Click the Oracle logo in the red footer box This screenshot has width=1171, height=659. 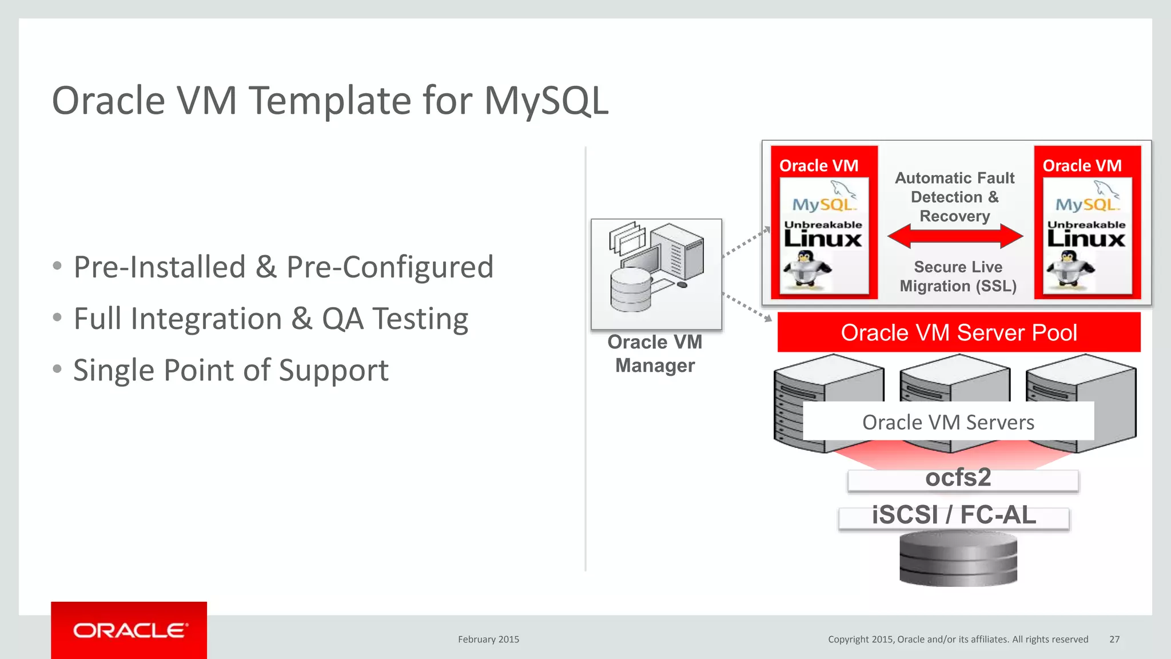point(129,630)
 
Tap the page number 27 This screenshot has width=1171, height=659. point(1114,640)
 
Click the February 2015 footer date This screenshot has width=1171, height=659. point(488,640)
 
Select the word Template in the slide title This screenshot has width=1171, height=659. point(331,101)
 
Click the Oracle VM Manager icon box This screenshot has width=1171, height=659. point(656,273)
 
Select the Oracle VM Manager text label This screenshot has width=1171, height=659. point(655,354)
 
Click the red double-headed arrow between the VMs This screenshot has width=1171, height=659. point(955,236)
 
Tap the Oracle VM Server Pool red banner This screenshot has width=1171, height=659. point(958,332)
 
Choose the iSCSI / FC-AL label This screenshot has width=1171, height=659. point(954,515)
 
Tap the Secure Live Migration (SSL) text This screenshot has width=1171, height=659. point(958,276)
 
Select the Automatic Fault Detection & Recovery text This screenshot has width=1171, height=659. point(954,197)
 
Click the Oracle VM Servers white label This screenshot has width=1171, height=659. point(948,422)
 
